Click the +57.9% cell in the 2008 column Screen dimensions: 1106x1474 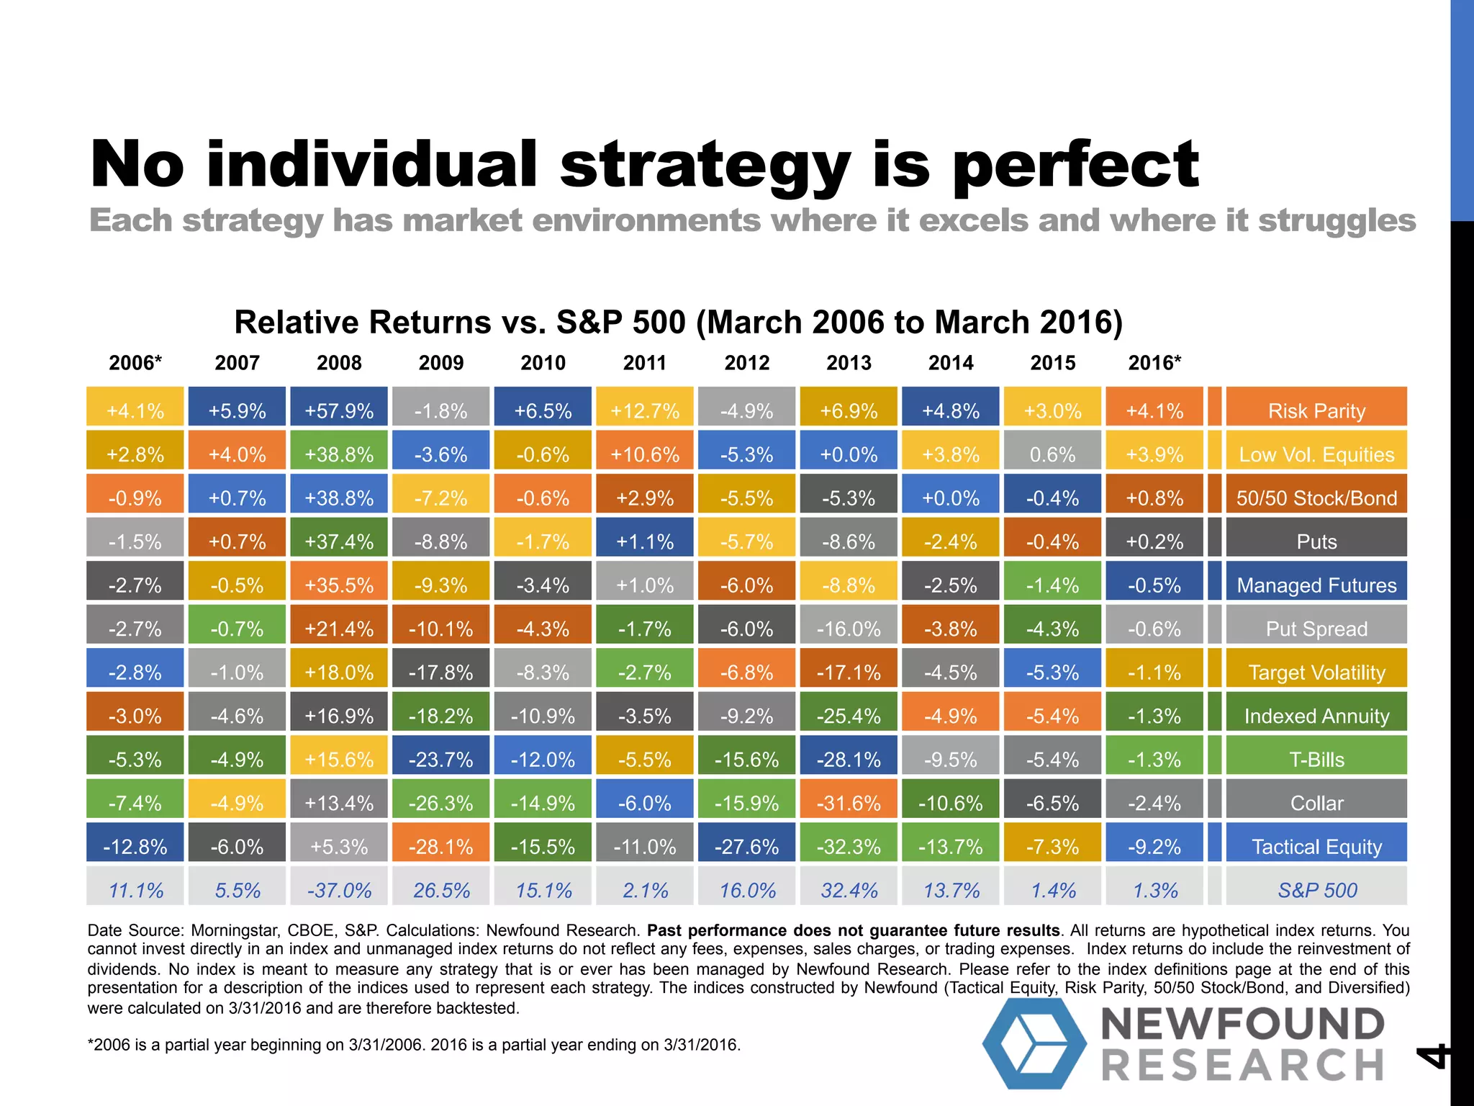(x=339, y=410)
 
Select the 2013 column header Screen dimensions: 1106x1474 (x=849, y=363)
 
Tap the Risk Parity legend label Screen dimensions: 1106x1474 (x=1316, y=410)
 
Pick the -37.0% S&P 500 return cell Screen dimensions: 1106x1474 (x=339, y=890)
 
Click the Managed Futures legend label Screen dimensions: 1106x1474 (x=1316, y=585)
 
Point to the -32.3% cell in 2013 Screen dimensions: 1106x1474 (x=849, y=846)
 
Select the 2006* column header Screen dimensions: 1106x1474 (x=135, y=363)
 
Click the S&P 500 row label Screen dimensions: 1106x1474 (x=1316, y=890)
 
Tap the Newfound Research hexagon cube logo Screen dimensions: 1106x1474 (x=1034, y=1043)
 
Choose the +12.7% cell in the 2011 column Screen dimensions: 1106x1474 (x=644, y=410)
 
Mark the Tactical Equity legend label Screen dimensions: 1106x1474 (x=1316, y=846)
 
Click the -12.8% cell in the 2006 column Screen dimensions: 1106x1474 (x=135, y=846)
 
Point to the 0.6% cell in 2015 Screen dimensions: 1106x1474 (x=1052, y=454)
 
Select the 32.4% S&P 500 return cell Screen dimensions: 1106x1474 (x=849, y=890)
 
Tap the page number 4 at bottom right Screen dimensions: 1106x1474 (x=1432, y=1056)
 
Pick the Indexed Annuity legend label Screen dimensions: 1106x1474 (x=1316, y=716)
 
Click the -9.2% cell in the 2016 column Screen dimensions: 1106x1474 (x=1154, y=846)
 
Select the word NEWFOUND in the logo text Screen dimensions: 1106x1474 (x=1242, y=1023)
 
